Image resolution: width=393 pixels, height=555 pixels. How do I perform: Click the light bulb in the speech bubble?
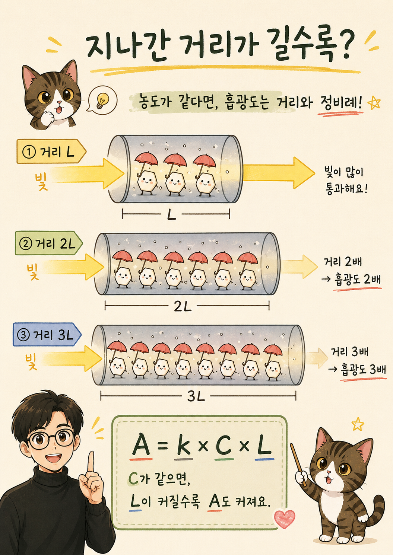102,101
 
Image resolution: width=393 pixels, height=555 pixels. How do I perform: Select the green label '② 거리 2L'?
49,243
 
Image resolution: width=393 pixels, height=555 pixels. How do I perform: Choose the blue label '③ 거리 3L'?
47,335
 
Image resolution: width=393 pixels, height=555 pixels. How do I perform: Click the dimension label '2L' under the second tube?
183,307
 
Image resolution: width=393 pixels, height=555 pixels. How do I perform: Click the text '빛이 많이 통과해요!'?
345,181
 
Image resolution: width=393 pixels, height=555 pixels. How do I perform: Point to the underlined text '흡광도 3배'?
363,370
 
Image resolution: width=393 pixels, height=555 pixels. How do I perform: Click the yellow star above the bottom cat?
358,424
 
